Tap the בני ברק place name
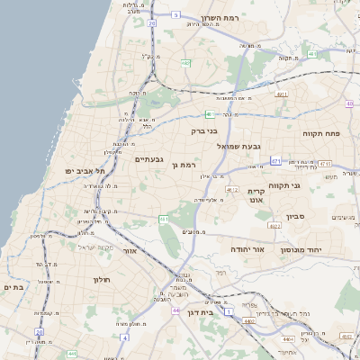(205, 130)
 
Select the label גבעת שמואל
(238, 146)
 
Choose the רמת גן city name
(182, 166)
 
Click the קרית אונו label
(259, 196)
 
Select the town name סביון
(296, 217)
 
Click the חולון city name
(101, 280)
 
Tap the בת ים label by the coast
(12, 287)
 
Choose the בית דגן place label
(209, 313)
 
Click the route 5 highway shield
(175, 14)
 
